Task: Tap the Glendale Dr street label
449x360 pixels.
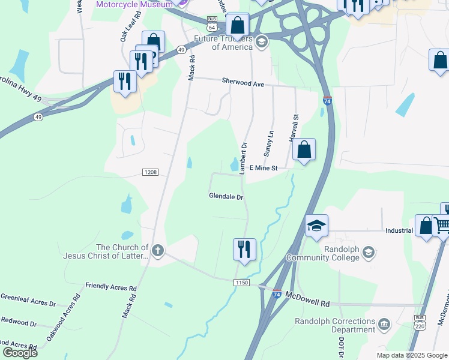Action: click(x=226, y=196)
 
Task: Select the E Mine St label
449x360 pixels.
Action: click(x=263, y=169)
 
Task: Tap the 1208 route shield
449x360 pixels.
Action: click(x=151, y=172)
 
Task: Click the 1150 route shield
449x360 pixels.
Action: click(x=241, y=282)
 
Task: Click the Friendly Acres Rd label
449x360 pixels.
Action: click(x=111, y=287)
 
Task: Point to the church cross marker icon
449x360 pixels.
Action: click(x=158, y=251)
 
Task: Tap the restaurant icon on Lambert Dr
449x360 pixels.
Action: click(x=244, y=248)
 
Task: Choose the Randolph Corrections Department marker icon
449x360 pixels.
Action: click(x=385, y=325)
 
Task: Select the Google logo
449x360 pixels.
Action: click(x=19, y=352)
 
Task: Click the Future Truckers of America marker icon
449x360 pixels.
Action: click(x=262, y=41)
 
